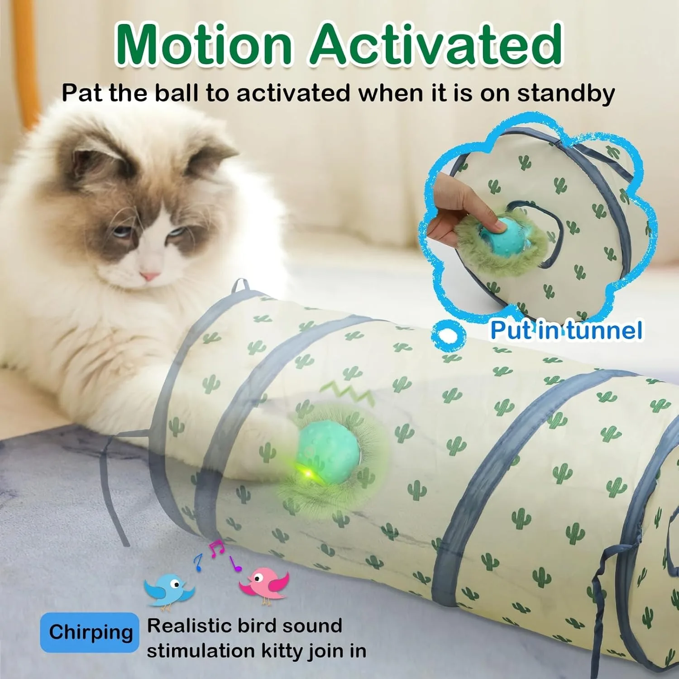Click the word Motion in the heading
click(x=204, y=44)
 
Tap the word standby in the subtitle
click(x=566, y=93)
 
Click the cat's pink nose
click(x=150, y=275)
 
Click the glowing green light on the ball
click(x=309, y=473)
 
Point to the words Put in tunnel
click(x=566, y=330)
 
